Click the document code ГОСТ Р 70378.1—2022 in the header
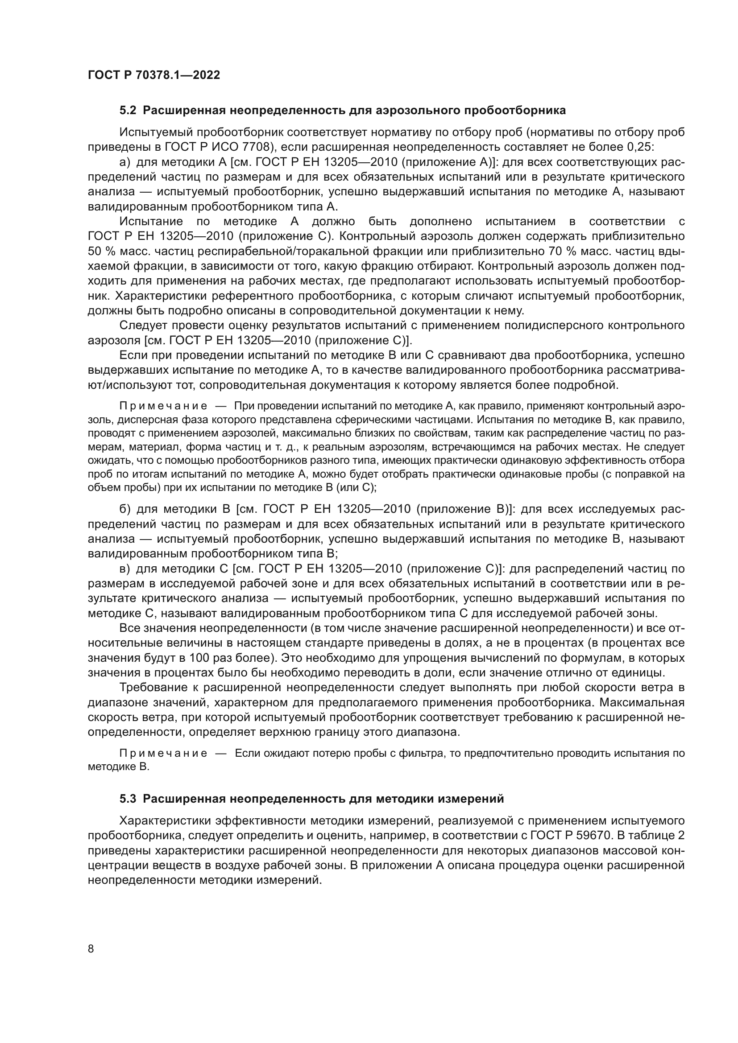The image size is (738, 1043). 153,75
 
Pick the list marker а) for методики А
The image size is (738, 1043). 125,162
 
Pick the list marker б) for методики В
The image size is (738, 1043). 125,509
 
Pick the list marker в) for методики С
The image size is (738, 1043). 125,569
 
